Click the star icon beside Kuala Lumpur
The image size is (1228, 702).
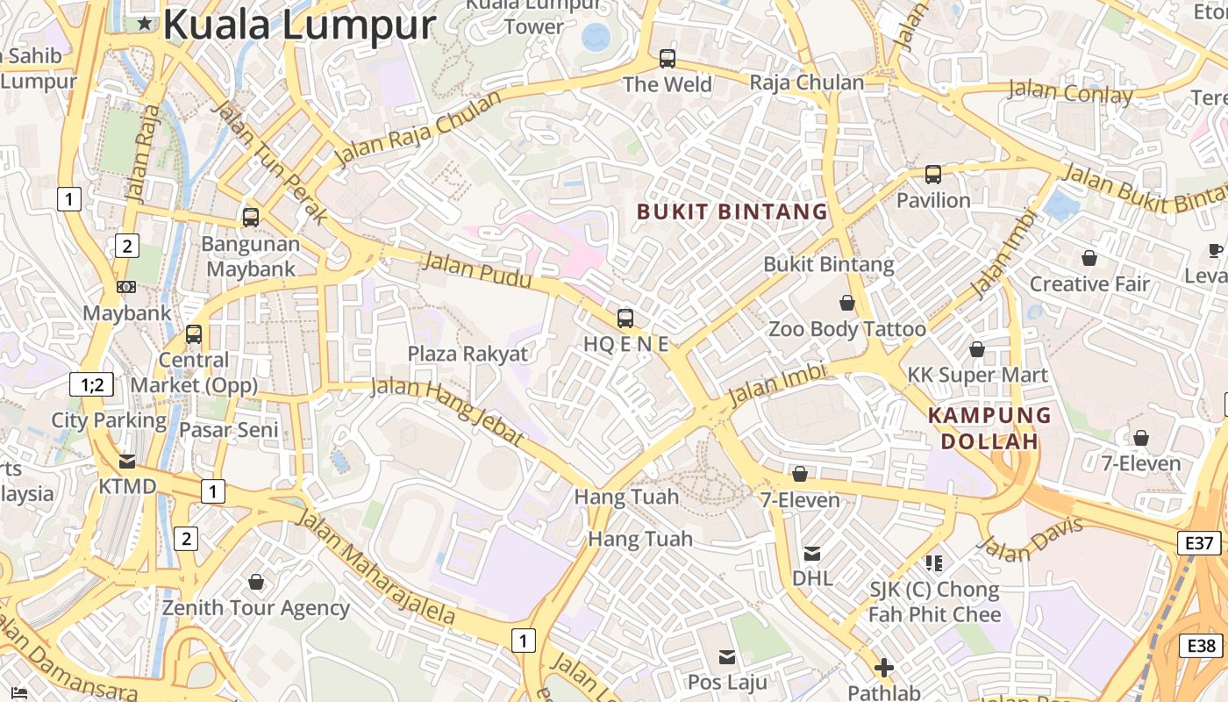point(145,24)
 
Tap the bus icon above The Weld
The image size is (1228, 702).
point(668,59)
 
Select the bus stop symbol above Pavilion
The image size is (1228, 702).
point(933,175)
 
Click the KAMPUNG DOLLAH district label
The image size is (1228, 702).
point(989,428)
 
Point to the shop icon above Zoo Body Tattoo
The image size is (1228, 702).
point(847,303)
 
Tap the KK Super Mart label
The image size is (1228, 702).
point(977,376)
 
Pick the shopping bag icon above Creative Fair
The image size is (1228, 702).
point(1089,258)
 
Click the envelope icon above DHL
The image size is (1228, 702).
point(812,554)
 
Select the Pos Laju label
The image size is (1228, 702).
point(727,682)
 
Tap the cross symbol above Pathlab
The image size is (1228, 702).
point(884,668)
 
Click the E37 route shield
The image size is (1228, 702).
point(1198,543)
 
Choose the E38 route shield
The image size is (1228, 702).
point(1201,647)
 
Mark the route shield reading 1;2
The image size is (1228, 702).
point(92,384)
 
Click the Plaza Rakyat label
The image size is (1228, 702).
point(468,354)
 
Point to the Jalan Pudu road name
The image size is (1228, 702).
point(477,269)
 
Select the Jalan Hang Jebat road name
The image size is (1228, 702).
point(446,411)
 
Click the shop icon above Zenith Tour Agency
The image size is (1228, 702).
point(256,582)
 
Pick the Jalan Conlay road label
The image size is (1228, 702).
point(1069,91)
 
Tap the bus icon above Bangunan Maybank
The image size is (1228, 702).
point(251,217)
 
